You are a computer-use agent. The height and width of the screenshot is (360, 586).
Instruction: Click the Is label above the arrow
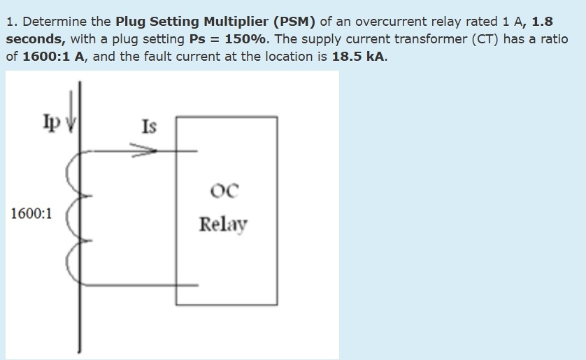tap(149, 127)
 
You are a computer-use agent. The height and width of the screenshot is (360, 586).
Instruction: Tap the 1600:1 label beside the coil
tap(31, 213)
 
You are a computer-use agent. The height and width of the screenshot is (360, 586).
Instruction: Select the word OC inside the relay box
tap(224, 189)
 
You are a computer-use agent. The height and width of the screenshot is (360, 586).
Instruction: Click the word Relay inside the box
tap(223, 224)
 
